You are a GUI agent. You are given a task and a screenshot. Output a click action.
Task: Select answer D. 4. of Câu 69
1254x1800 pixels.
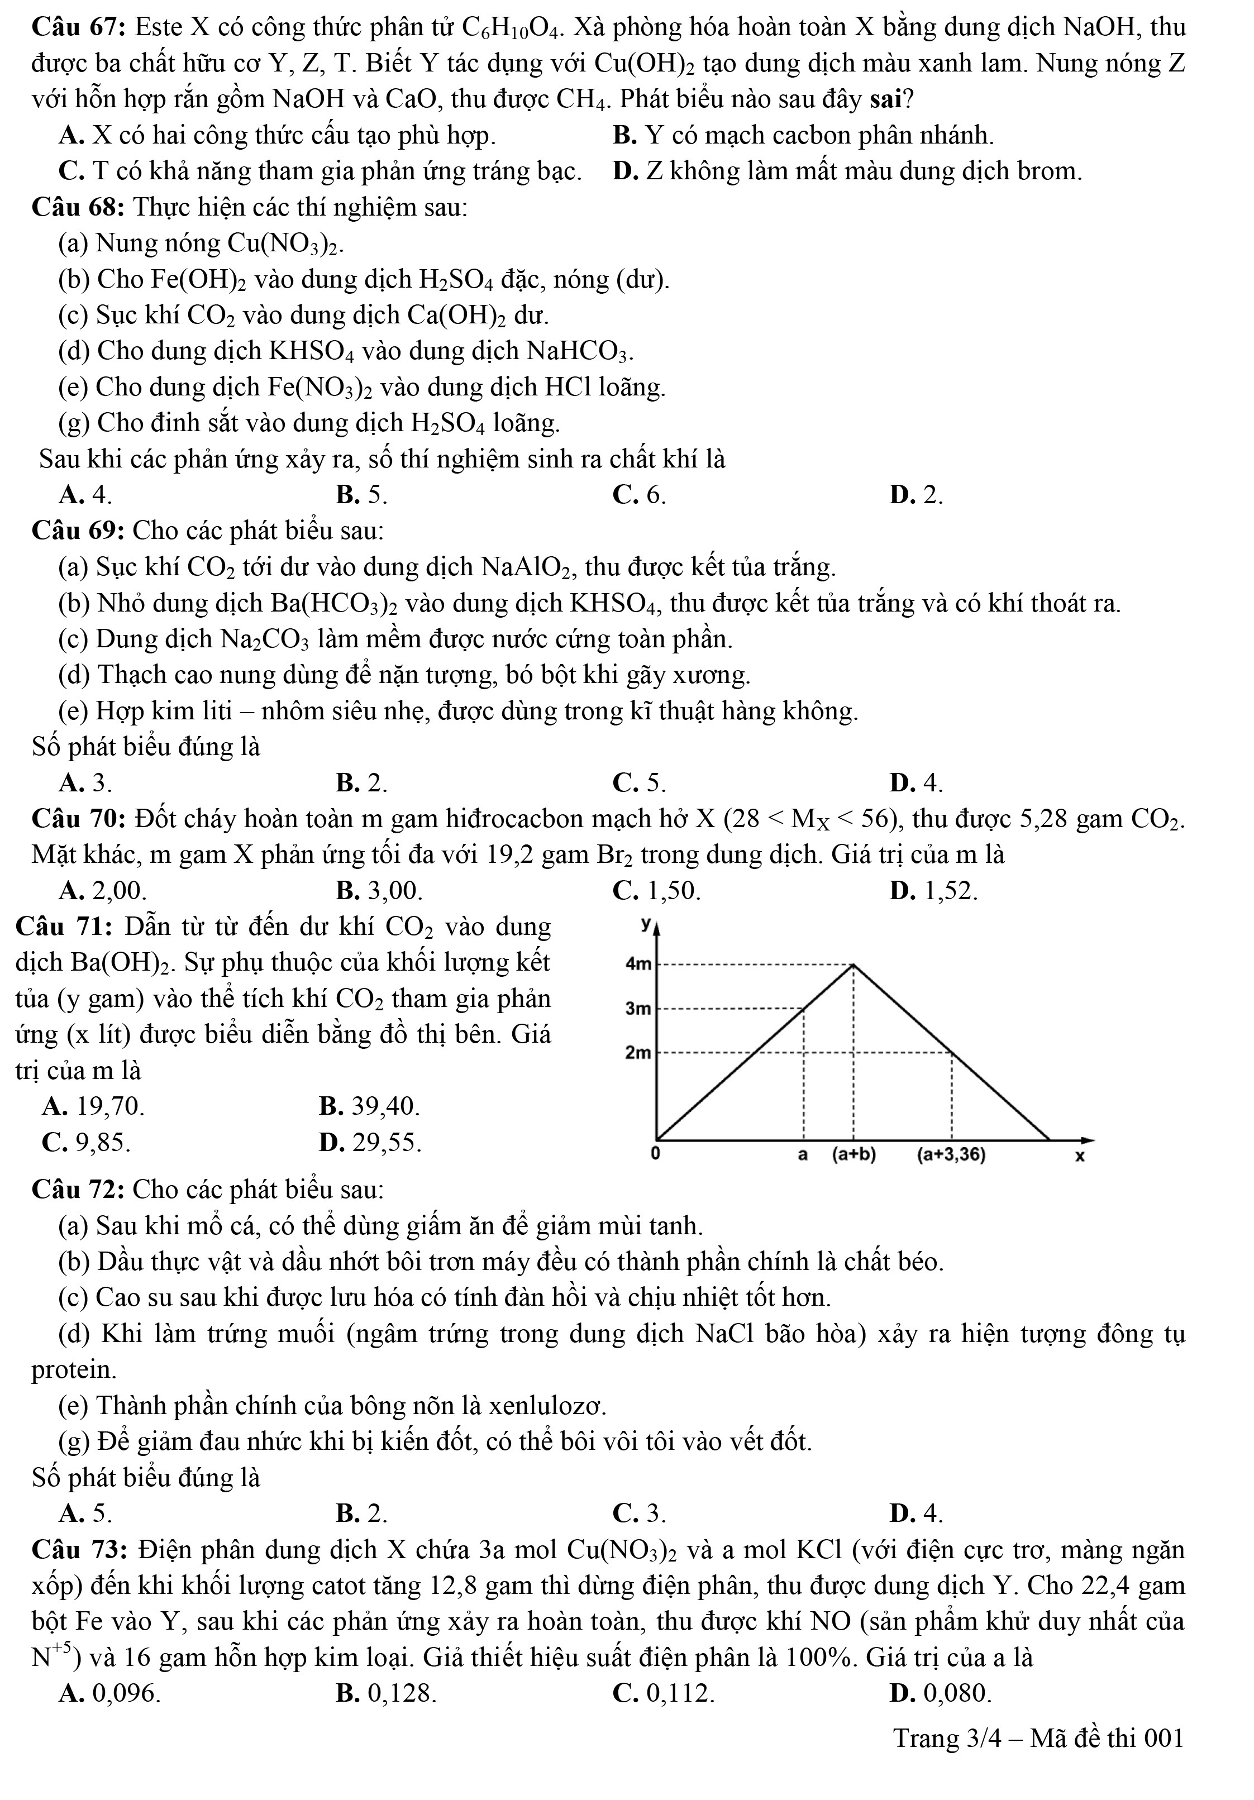[916, 782]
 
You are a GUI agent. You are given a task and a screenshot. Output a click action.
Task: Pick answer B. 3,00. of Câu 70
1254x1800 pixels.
[379, 891]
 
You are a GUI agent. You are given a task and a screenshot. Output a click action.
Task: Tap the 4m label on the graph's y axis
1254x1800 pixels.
[637, 965]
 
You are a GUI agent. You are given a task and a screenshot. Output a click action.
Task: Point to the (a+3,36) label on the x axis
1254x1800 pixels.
[951, 1155]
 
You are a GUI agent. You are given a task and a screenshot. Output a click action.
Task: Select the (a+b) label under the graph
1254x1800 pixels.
[854, 1155]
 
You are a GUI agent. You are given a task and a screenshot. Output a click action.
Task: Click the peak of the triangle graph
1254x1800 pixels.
[854, 965]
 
